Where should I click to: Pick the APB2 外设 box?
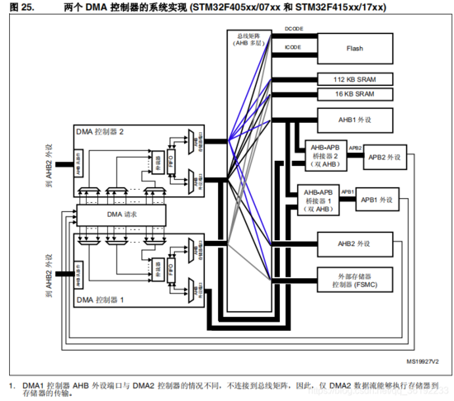[x=384, y=157]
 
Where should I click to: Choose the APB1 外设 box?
[x=376, y=200]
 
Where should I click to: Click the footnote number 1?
[x=12, y=384]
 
